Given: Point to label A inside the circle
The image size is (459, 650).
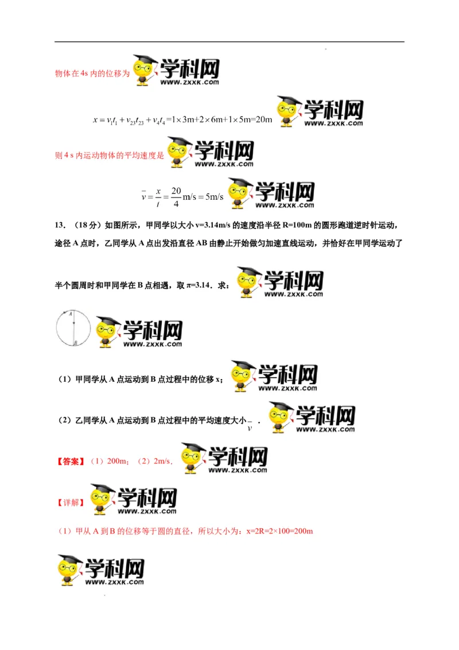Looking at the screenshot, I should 69,315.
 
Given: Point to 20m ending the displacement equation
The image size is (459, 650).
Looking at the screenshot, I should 262,120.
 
